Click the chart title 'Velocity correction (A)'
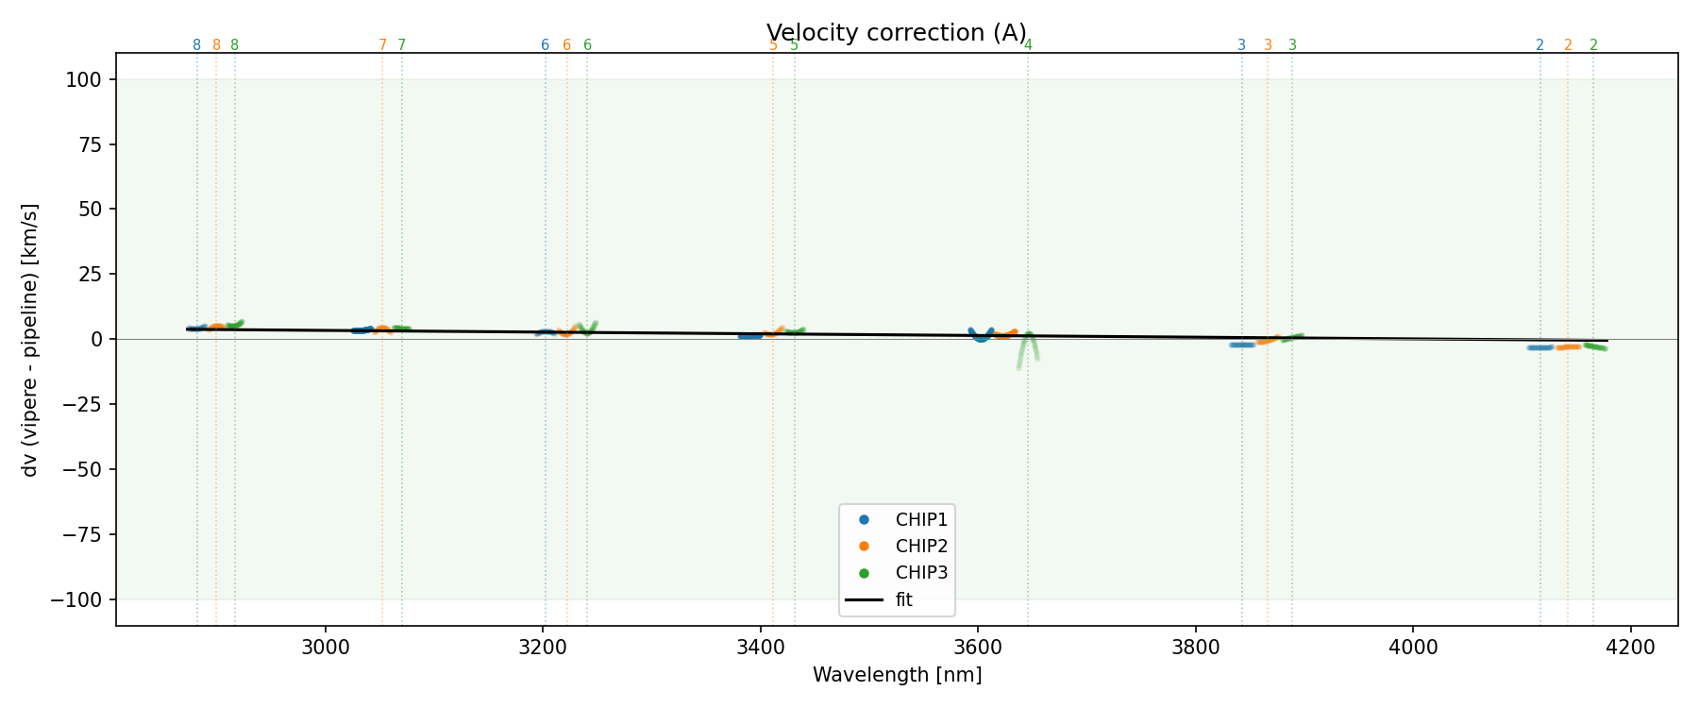tap(896, 33)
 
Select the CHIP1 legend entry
tap(920, 519)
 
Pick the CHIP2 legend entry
tap(920, 546)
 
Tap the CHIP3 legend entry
tap(920, 572)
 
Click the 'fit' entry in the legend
tap(903, 599)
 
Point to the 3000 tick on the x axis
tap(325, 648)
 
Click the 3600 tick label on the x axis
tap(978, 648)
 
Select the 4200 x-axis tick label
tap(1630, 648)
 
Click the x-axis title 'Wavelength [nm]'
tap(897, 675)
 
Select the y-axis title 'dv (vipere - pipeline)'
tap(30, 340)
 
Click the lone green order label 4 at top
tap(1028, 45)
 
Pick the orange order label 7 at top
tap(382, 45)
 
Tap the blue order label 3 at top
tap(1241, 45)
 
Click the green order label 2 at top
tap(1593, 45)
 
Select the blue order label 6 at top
tap(545, 45)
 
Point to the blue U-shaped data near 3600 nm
tap(981, 336)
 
